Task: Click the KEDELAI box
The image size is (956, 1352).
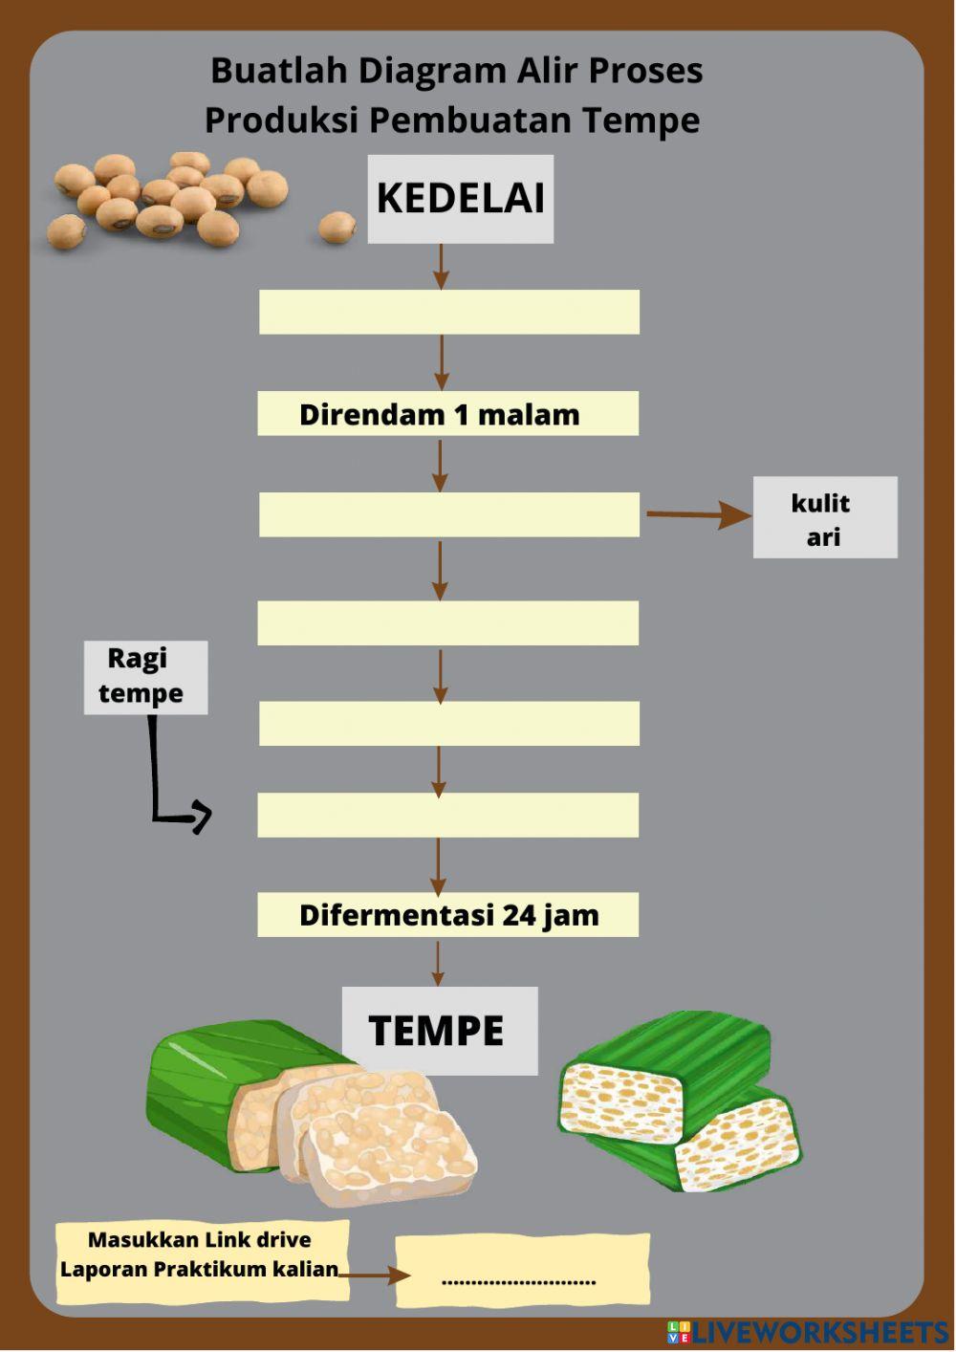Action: coord(461,199)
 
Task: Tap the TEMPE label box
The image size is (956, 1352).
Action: coord(440,1031)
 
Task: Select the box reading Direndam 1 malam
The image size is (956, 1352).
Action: coord(447,414)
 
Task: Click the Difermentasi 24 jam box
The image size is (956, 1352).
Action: coord(447,915)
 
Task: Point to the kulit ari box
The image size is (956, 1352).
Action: coord(825,517)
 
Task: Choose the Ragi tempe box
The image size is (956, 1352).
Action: coord(145,677)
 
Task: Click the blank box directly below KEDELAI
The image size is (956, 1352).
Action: coord(448,313)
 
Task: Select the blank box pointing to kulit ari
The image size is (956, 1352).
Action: coord(448,514)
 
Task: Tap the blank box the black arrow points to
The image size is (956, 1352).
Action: coord(447,815)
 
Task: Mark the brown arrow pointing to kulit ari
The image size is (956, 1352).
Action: coord(698,515)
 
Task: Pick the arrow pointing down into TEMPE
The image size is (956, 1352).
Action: coord(438,963)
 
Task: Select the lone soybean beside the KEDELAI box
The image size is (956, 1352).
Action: coord(337,228)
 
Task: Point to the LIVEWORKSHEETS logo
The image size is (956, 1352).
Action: coord(808,1332)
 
